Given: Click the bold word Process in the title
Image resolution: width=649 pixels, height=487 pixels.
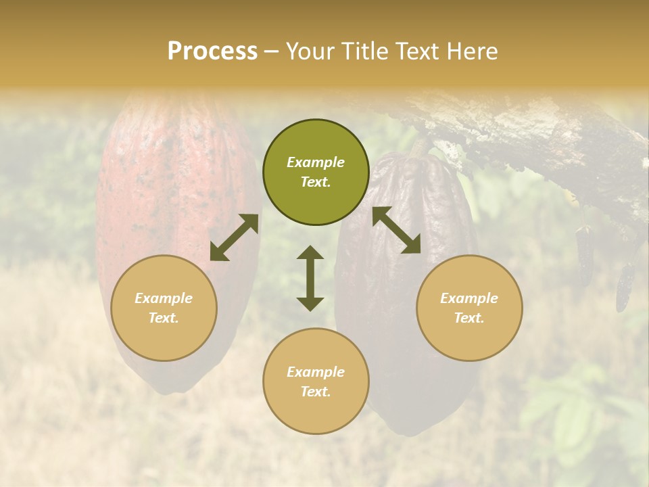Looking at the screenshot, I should pyautogui.click(x=212, y=51).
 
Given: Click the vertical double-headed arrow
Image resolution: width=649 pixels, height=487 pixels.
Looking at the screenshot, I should pyautogui.click(x=310, y=278).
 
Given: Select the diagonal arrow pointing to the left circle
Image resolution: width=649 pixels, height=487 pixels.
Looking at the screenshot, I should pyautogui.click(x=234, y=237).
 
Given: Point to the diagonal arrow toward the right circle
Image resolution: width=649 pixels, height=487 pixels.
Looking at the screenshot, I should pyautogui.click(x=396, y=230).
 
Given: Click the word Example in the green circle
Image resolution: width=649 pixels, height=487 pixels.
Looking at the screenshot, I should pyautogui.click(x=316, y=162).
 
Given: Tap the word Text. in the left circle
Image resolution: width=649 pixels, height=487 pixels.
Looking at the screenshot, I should pyautogui.click(x=164, y=318).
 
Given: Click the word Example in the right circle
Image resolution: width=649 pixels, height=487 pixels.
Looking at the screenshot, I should pyautogui.click(x=469, y=298).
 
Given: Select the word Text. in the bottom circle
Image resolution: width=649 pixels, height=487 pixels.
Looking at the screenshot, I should pyautogui.click(x=316, y=392).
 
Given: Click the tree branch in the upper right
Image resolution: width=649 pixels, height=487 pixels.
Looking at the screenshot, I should pyautogui.click(x=541, y=135).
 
